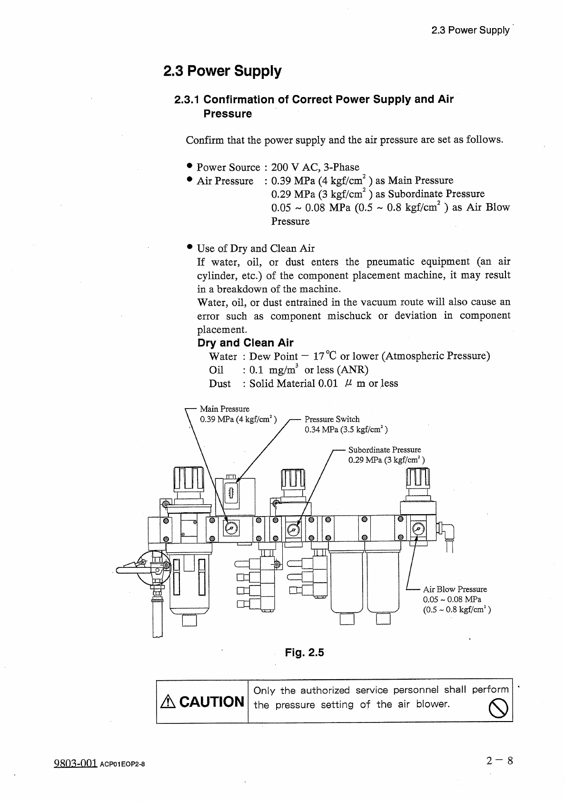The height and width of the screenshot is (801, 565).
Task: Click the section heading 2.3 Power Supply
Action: click(x=222, y=71)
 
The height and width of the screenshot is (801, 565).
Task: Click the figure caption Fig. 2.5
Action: click(x=304, y=652)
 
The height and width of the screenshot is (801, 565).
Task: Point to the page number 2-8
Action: click(x=499, y=760)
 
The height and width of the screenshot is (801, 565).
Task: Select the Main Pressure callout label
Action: click(x=224, y=409)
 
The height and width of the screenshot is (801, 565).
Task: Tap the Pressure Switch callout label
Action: click(x=332, y=419)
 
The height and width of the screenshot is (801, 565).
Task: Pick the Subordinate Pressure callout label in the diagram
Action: click(x=384, y=449)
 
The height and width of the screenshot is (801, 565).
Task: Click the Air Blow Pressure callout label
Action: click(x=455, y=589)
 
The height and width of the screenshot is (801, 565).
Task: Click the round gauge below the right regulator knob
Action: click(x=418, y=528)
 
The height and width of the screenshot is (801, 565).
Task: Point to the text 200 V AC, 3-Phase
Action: click(x=315, y=167)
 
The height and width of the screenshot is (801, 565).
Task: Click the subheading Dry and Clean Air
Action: click(x=245, y=343)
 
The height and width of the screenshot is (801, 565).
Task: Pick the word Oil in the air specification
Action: click(x=216, y=370)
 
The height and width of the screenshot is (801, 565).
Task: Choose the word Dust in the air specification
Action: click(x=219, y=383)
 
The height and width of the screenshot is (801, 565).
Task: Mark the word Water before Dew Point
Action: click(x=222, y=356)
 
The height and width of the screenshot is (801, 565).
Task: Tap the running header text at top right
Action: click(x=470, y=30)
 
